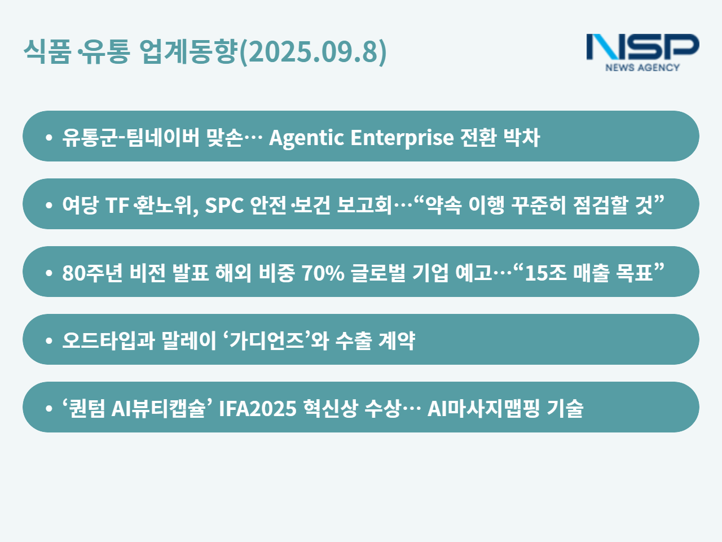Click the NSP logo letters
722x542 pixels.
(642, 47)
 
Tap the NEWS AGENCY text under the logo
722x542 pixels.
(642, 67)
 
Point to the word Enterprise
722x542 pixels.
(402, 138)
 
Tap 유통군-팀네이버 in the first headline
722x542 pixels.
(131, 137)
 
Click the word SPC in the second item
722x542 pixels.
(224, 205)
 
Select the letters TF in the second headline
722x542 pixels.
(117, 206)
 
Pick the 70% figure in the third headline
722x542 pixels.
(323, 273)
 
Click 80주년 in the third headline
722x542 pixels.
(93, 273)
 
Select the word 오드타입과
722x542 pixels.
(108, 340)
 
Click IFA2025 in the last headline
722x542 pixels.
(258, 409)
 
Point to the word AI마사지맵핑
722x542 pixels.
(483, 408)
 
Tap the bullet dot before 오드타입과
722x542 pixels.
(49, 340)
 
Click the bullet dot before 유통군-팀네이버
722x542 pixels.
(49, 137)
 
